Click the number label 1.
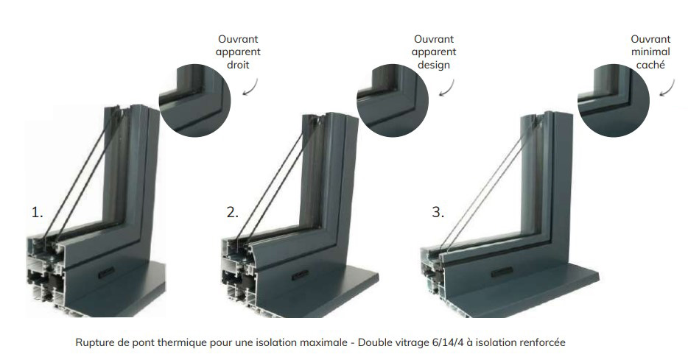[38, 213]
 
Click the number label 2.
[233, 213]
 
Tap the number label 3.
[438, 213]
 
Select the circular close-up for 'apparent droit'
[194, 100]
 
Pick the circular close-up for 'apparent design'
[393, 100]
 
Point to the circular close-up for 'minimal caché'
[614, 100]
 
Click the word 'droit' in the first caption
[238, 65]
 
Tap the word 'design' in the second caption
[434, 65]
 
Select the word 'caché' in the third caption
[650, 65]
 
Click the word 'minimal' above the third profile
[650, 52]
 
